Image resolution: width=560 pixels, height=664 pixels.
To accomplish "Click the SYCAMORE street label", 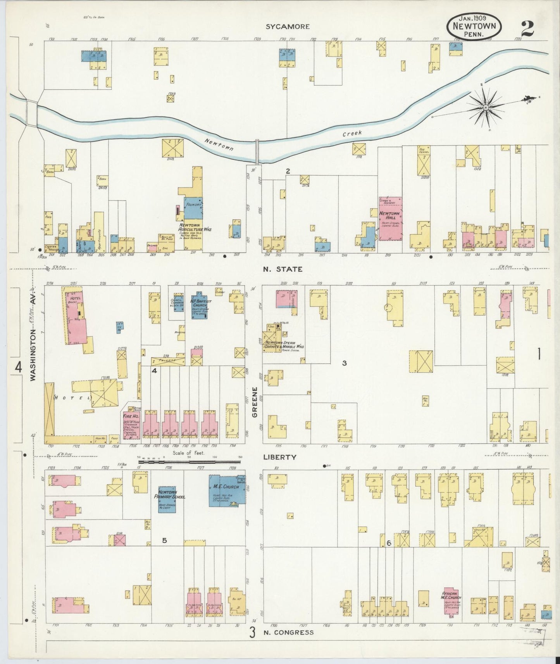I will click(287, 27).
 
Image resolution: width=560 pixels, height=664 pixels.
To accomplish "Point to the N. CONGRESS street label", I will click(288, 633).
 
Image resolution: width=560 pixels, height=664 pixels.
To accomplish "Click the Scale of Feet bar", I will click(190, 461).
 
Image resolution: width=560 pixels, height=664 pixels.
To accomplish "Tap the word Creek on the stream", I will click(352, 134).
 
